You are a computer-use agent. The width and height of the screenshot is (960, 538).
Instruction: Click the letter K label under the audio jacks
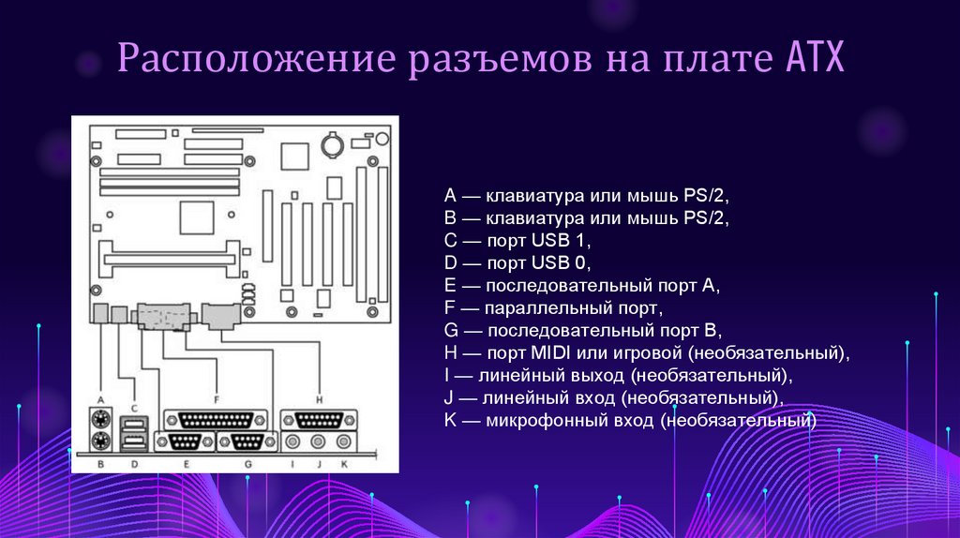(x=344, y=463)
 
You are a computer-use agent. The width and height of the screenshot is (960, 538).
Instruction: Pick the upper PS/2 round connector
(x=100, y=418)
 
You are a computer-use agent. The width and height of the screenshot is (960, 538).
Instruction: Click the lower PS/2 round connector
(x=100, y=441)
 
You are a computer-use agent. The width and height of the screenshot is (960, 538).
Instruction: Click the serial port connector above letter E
(x=185, y=441)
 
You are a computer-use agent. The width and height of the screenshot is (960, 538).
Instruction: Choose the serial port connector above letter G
(x=246, y=441)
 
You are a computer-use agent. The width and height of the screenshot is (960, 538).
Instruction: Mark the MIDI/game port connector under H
(x=319, y=420)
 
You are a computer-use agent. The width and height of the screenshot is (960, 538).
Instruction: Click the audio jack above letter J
(x=319, y=441)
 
